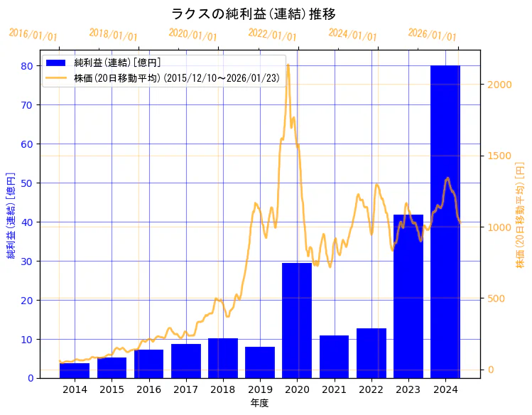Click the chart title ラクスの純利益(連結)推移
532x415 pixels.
pyautogui.click(x=254, y=14)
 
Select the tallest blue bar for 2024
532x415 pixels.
pyautogui.click(x=445, y=220)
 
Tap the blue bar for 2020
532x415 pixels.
pyautogui.click(x=297, y=320)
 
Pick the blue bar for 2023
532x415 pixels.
pyautogui.click(x=408, y=296)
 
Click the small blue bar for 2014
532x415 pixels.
pyautogui.click(x=75, y=370)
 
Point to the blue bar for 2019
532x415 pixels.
pyautogui.click(x=260, y=362)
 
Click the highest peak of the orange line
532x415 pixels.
pyautogui.click(x=288, y=65)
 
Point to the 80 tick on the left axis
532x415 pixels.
pyautogui.click(x=26, y=66)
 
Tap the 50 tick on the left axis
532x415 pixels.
pyautogui.click(x=26, y=183)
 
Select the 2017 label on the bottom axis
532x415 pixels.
pyautogui.click(x=186, y=390)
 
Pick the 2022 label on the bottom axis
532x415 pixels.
pyautogui.click(x=371, y=390)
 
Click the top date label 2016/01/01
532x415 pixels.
pyautogui.click(x=33, y=36)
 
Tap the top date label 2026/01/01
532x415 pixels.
pyautogui.click(x=432, y=35)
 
